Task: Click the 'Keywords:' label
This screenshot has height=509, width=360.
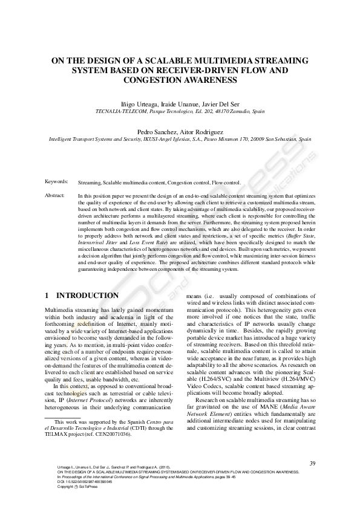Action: [x=56, y=181]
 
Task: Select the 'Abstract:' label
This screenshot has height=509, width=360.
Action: [x=55, y=196]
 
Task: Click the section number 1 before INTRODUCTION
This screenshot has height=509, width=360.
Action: [x=47, y=296]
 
